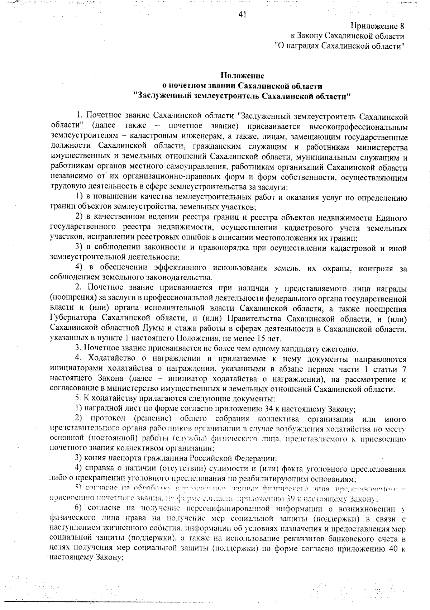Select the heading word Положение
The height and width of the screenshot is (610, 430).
click(242, 76)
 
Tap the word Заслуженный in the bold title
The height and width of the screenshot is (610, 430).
click(162, 96)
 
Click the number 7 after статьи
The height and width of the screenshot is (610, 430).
click(404, 369)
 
